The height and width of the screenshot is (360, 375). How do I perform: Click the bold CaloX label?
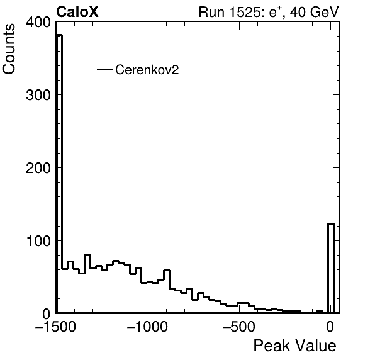[77, 12]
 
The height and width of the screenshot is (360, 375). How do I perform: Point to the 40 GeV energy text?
[314, 12]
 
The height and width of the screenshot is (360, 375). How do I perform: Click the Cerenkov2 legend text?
[147, 70]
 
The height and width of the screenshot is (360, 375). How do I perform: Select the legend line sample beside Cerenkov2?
[104, 70]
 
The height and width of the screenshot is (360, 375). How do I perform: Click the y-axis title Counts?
[9, 49]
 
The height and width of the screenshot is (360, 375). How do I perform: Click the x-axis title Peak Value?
[294, 346]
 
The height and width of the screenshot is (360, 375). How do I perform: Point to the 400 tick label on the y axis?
[38, 22]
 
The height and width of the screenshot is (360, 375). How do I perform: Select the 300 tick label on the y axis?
[38, 95]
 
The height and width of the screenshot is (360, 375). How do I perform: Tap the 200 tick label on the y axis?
[38, 168]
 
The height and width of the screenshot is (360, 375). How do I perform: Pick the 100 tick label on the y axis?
[38, 241]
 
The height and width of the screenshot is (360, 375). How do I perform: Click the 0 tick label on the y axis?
[47, 314]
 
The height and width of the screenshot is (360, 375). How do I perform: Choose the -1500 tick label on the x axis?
[55, 327]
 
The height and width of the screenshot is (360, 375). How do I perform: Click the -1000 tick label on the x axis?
[147, 327]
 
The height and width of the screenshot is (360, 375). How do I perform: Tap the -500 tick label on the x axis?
[238, 327]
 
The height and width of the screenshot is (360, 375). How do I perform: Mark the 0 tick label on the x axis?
[330, 327]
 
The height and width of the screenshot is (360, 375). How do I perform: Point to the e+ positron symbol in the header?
[276, 13]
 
